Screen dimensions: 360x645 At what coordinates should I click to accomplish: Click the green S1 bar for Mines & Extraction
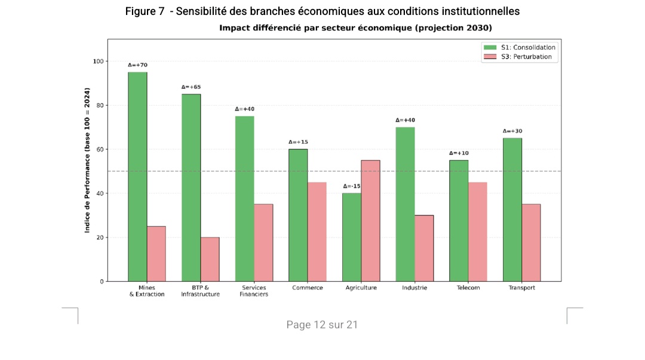[x=137, y=176]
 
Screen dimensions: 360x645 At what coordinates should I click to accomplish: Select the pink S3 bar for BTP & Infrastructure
[x=210, y=259]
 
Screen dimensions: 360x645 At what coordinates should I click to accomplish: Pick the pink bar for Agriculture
[x=370, y=220]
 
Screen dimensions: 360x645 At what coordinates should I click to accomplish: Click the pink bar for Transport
[x=531, y=242]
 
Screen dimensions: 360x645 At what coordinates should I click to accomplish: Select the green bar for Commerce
[x=298, y=215]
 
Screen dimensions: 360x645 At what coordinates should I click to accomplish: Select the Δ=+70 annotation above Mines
[x=137, y=65]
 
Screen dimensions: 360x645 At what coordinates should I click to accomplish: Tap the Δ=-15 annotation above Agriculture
[x=352, y=186]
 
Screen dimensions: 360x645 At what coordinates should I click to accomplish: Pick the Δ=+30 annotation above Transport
[x=512, y=131]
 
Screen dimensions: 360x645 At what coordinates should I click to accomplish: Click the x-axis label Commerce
[x=308, y=288]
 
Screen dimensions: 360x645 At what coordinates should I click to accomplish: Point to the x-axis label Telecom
[x=468, y=288]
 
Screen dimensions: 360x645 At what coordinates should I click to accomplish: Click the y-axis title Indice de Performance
[x=87, y=159]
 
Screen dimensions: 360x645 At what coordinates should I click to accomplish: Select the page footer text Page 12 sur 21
[x=322, y=325]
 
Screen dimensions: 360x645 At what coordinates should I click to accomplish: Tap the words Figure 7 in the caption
[x=145, y=11]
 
